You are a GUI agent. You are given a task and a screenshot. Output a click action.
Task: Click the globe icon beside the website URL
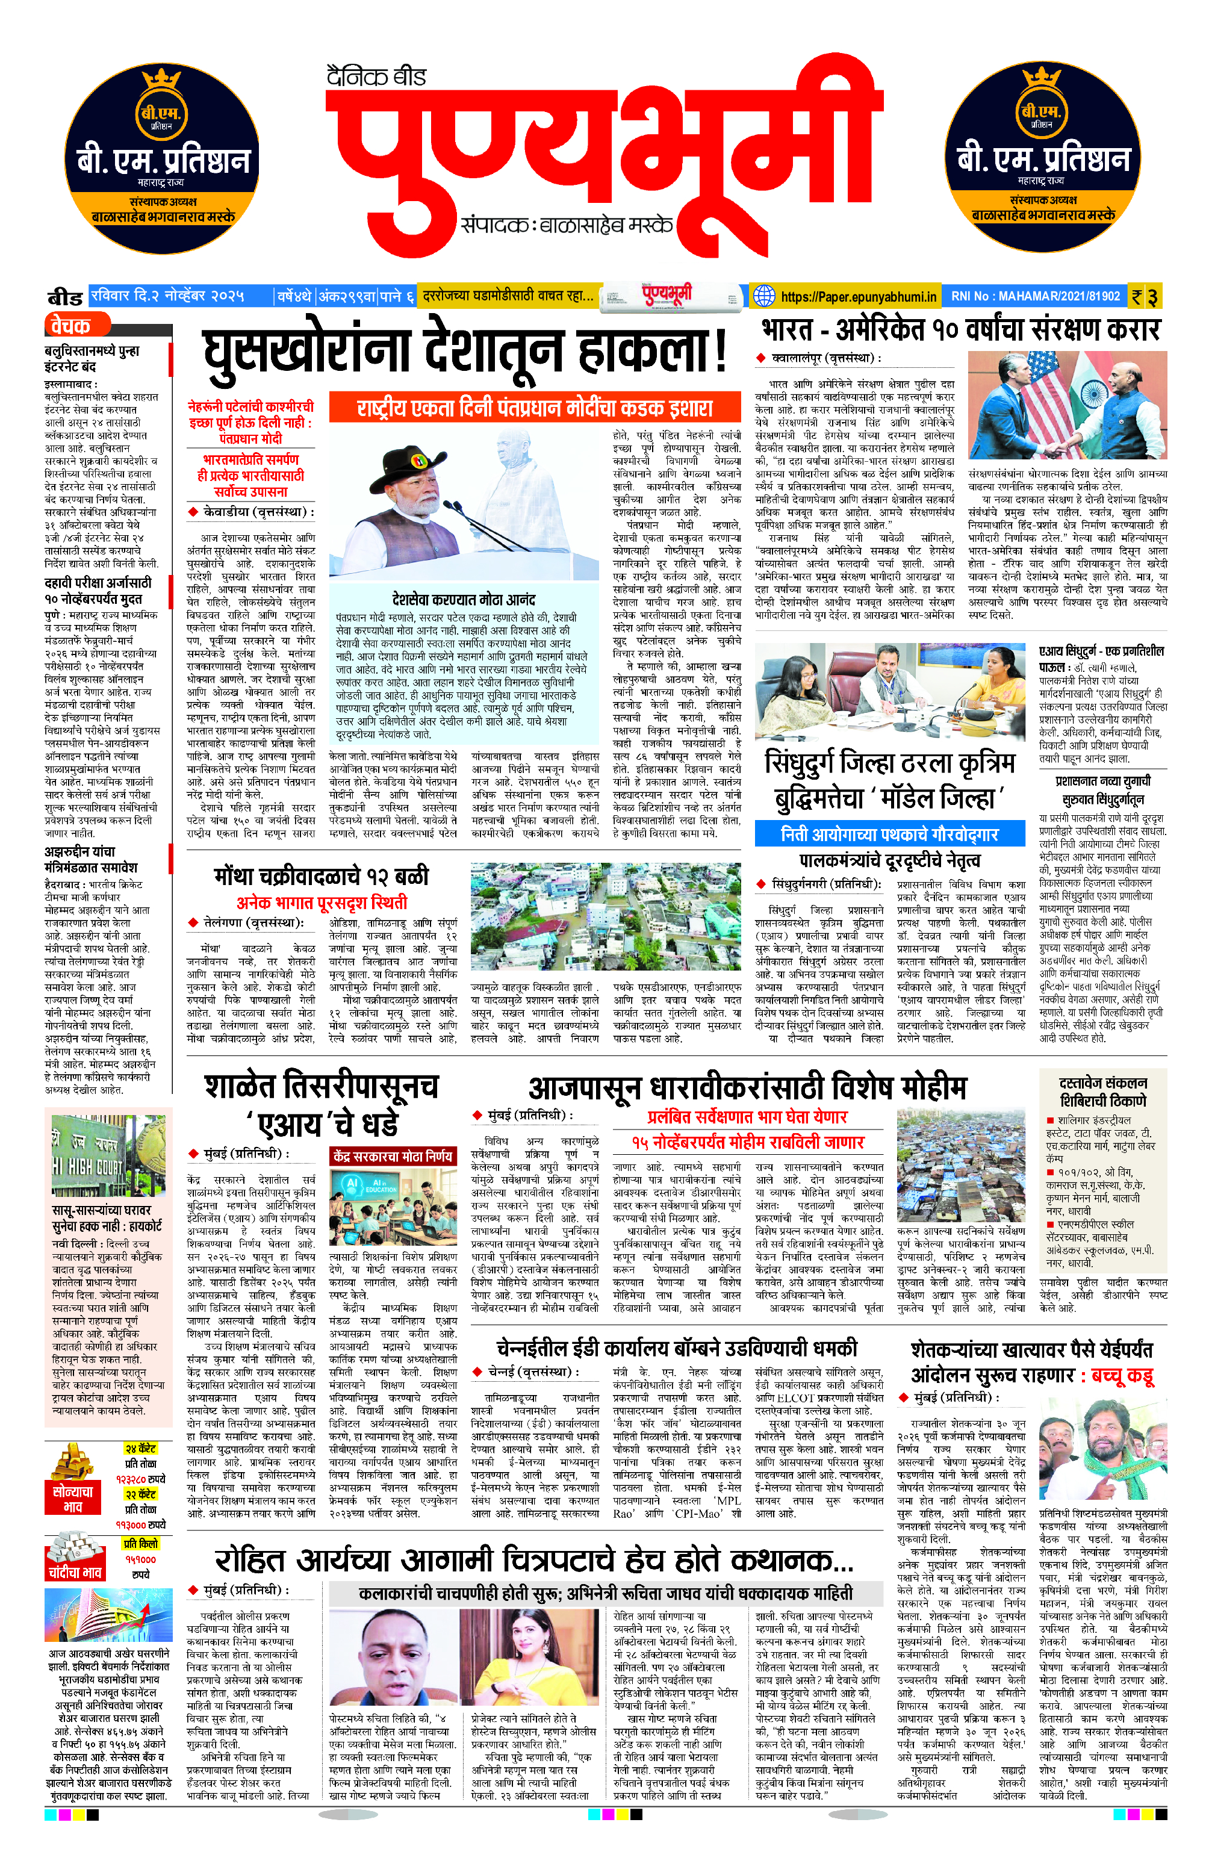click(765, 296)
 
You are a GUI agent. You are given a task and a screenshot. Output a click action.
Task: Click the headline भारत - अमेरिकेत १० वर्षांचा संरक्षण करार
click(960, 330)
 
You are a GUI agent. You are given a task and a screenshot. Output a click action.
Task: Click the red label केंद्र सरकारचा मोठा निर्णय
click(393, 1156)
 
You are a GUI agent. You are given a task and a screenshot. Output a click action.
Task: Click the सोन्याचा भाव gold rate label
click(73, 1499)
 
